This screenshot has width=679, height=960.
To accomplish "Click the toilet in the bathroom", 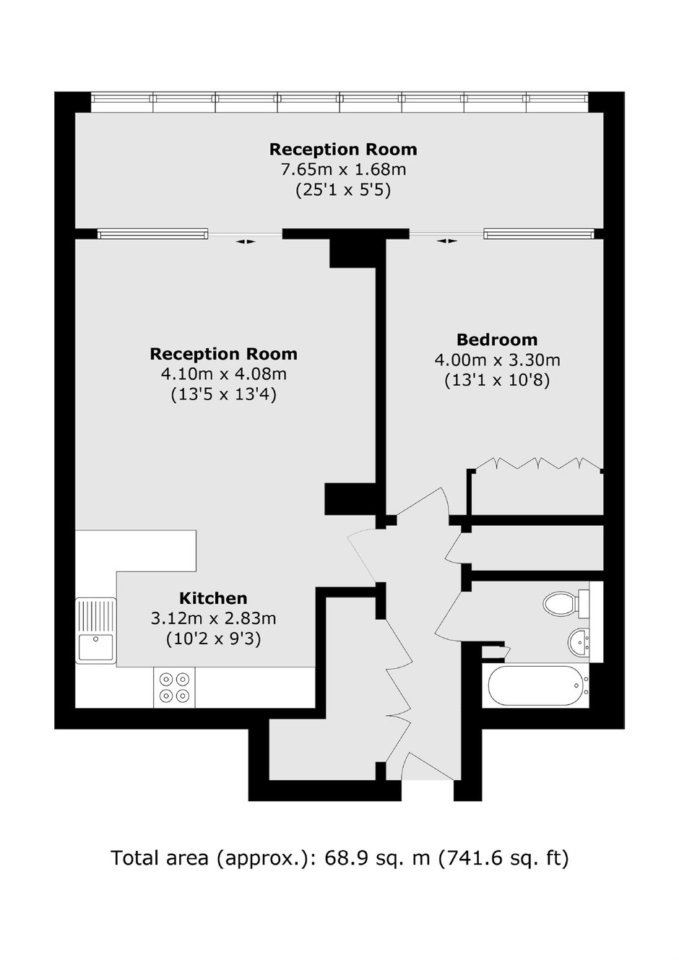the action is click(x=566, y=604).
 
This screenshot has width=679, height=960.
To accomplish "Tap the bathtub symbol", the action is click(x=539, y=686).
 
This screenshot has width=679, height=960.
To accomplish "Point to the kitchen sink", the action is click(x=95, y=631).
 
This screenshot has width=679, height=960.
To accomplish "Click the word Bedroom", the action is click(x=497, y=340).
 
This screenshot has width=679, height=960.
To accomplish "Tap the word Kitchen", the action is click(x=213, y=598).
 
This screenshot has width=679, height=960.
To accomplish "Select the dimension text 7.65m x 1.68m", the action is click(x=343, y=170).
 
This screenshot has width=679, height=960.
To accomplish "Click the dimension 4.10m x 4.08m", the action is click(x=224, y=374).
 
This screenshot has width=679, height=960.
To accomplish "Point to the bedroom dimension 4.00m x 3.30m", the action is click(x=497, y=360).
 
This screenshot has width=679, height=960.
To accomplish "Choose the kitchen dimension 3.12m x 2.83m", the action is click(x=213, y=618).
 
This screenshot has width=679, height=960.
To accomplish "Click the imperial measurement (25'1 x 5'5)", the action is click(x=343, y=190).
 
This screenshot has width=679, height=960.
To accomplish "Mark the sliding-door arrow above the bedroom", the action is click(x=446, y=241).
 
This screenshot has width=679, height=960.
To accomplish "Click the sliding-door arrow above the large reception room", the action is click(x=246, y=242).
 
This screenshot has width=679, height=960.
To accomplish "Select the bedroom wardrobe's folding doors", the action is click(x=538, y=463).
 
